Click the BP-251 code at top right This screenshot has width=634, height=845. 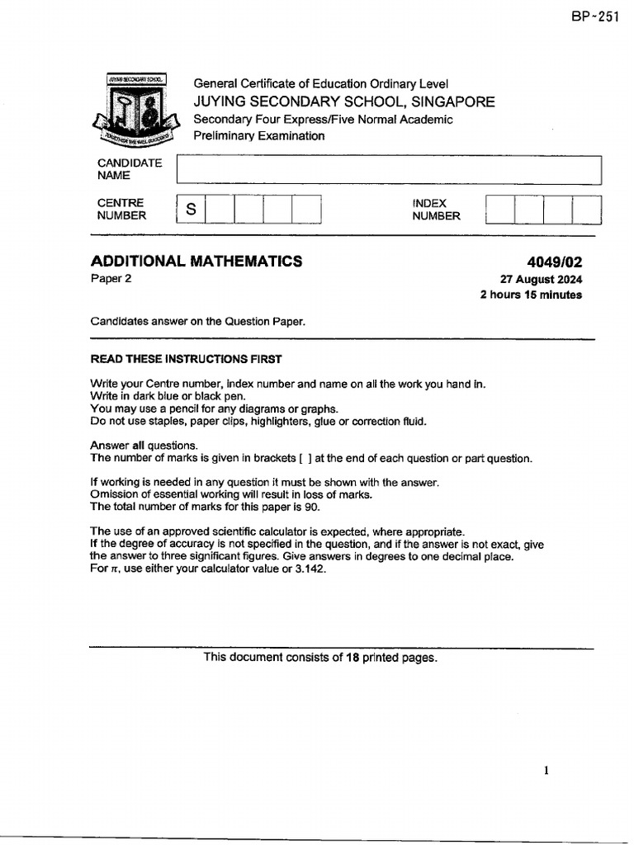point(594,18)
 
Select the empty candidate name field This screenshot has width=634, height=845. point(388,170)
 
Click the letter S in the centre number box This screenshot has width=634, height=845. point(191,210)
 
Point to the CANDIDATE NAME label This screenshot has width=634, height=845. point(129,169)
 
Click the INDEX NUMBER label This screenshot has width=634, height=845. point(436,210)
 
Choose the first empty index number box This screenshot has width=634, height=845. point(499,210)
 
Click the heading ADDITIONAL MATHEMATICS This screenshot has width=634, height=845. point(196,262)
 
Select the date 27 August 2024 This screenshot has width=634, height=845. point(541,280)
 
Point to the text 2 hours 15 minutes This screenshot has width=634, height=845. point(530,295)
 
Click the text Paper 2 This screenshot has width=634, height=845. point(111,279)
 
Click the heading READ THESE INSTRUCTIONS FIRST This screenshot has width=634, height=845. point(186,359)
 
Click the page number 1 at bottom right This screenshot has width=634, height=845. point(546,771)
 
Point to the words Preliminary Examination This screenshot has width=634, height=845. point(258,136)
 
